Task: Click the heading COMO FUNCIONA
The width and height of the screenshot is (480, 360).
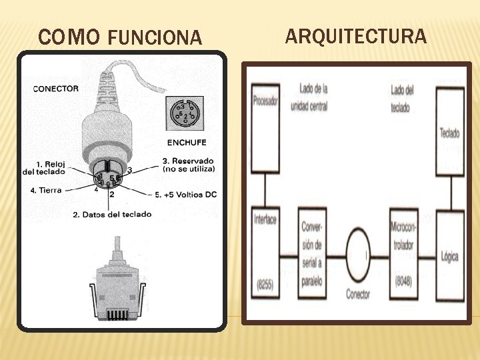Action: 120,37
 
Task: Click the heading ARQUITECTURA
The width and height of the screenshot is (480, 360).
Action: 356,36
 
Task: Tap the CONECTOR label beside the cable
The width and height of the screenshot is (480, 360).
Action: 56,89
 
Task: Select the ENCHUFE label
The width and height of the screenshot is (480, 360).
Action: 187,142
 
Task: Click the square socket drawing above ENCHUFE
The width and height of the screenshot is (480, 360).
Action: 185,114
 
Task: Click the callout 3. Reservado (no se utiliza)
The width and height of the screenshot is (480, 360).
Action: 189,165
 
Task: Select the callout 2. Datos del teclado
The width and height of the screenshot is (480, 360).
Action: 112,214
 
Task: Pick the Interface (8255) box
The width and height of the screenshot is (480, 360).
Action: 265,254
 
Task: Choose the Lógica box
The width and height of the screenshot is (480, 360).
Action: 450,255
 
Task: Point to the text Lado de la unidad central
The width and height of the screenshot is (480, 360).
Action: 314,97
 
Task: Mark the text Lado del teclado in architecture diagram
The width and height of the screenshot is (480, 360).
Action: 401,98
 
